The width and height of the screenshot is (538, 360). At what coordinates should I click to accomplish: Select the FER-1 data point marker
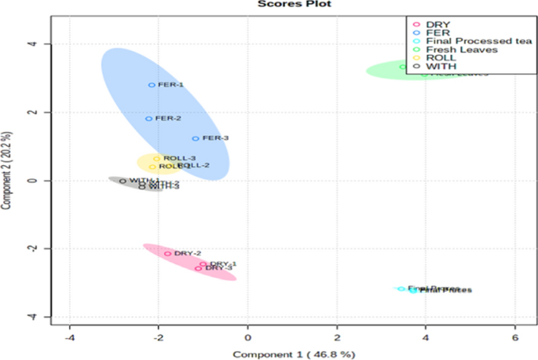point(152,85)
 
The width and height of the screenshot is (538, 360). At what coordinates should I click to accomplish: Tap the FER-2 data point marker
point(148,119)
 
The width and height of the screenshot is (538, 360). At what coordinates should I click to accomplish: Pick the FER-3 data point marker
point(196,138)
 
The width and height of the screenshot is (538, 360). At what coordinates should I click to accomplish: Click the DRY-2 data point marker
point(167,253)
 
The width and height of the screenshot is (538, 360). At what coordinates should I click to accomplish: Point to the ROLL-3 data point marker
point(156,159)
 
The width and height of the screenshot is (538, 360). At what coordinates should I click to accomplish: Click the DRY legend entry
point(441,24)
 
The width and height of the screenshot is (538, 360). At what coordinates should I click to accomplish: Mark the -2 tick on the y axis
point(34,248)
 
